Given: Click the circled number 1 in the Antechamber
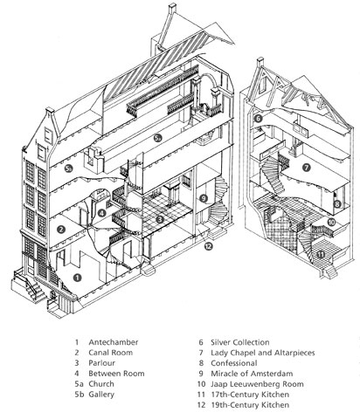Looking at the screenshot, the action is pos(77,278).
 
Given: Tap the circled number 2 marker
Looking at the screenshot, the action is pos(61,230).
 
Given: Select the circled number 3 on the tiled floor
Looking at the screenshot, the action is pos(159,219).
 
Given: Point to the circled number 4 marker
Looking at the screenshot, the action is pos(101,213).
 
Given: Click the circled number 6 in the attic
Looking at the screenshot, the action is pos(258,119).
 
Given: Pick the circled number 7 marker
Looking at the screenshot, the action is pos(307,168).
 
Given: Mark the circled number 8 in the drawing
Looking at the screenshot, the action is pos(337,204).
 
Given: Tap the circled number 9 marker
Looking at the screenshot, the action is pos(204,199).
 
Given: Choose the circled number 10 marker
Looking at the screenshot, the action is pos(331,223).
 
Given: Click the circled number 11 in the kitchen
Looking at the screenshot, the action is pos(321,255).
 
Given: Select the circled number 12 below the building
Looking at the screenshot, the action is pos(208,246).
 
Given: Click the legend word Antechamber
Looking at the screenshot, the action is pos(114,342).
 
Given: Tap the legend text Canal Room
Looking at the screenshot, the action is pos(111,353).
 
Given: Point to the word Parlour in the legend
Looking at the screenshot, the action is pos(101,363).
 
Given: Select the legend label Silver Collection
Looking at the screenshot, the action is pos(240,342).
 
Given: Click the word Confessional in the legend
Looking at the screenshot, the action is pos(234,363).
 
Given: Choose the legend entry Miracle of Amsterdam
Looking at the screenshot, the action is pos(252,374).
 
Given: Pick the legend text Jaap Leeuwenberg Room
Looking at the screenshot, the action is pos(257,384).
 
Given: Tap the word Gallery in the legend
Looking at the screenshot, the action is pos(101,395).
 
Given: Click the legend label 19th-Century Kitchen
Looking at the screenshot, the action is pos(250,405).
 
